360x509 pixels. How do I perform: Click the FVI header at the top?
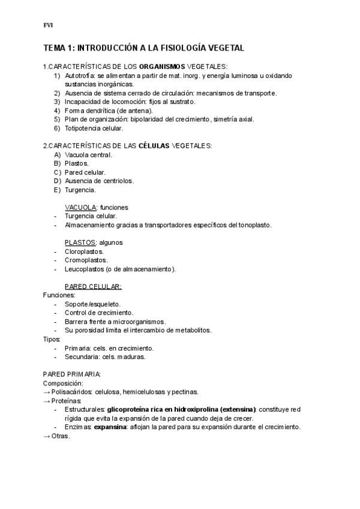coord(49,25)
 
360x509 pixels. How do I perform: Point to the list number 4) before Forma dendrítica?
coord(57,110)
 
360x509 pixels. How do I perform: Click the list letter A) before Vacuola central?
coord(58,155)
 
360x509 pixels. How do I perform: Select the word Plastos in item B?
coord(76,163)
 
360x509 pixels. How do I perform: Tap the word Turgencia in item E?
coord(80,190)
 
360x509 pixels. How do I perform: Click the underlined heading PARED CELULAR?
coord(93,286)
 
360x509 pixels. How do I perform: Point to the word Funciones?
coord(59,295)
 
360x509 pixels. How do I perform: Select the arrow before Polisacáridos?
coord(47,392)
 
